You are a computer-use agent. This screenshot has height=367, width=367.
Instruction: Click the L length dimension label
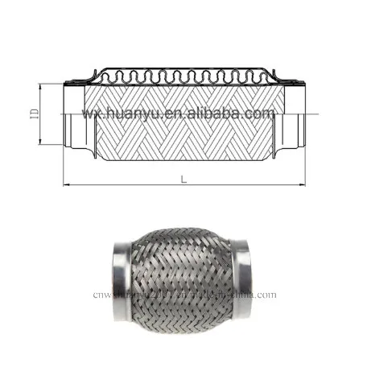pos(183,179)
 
